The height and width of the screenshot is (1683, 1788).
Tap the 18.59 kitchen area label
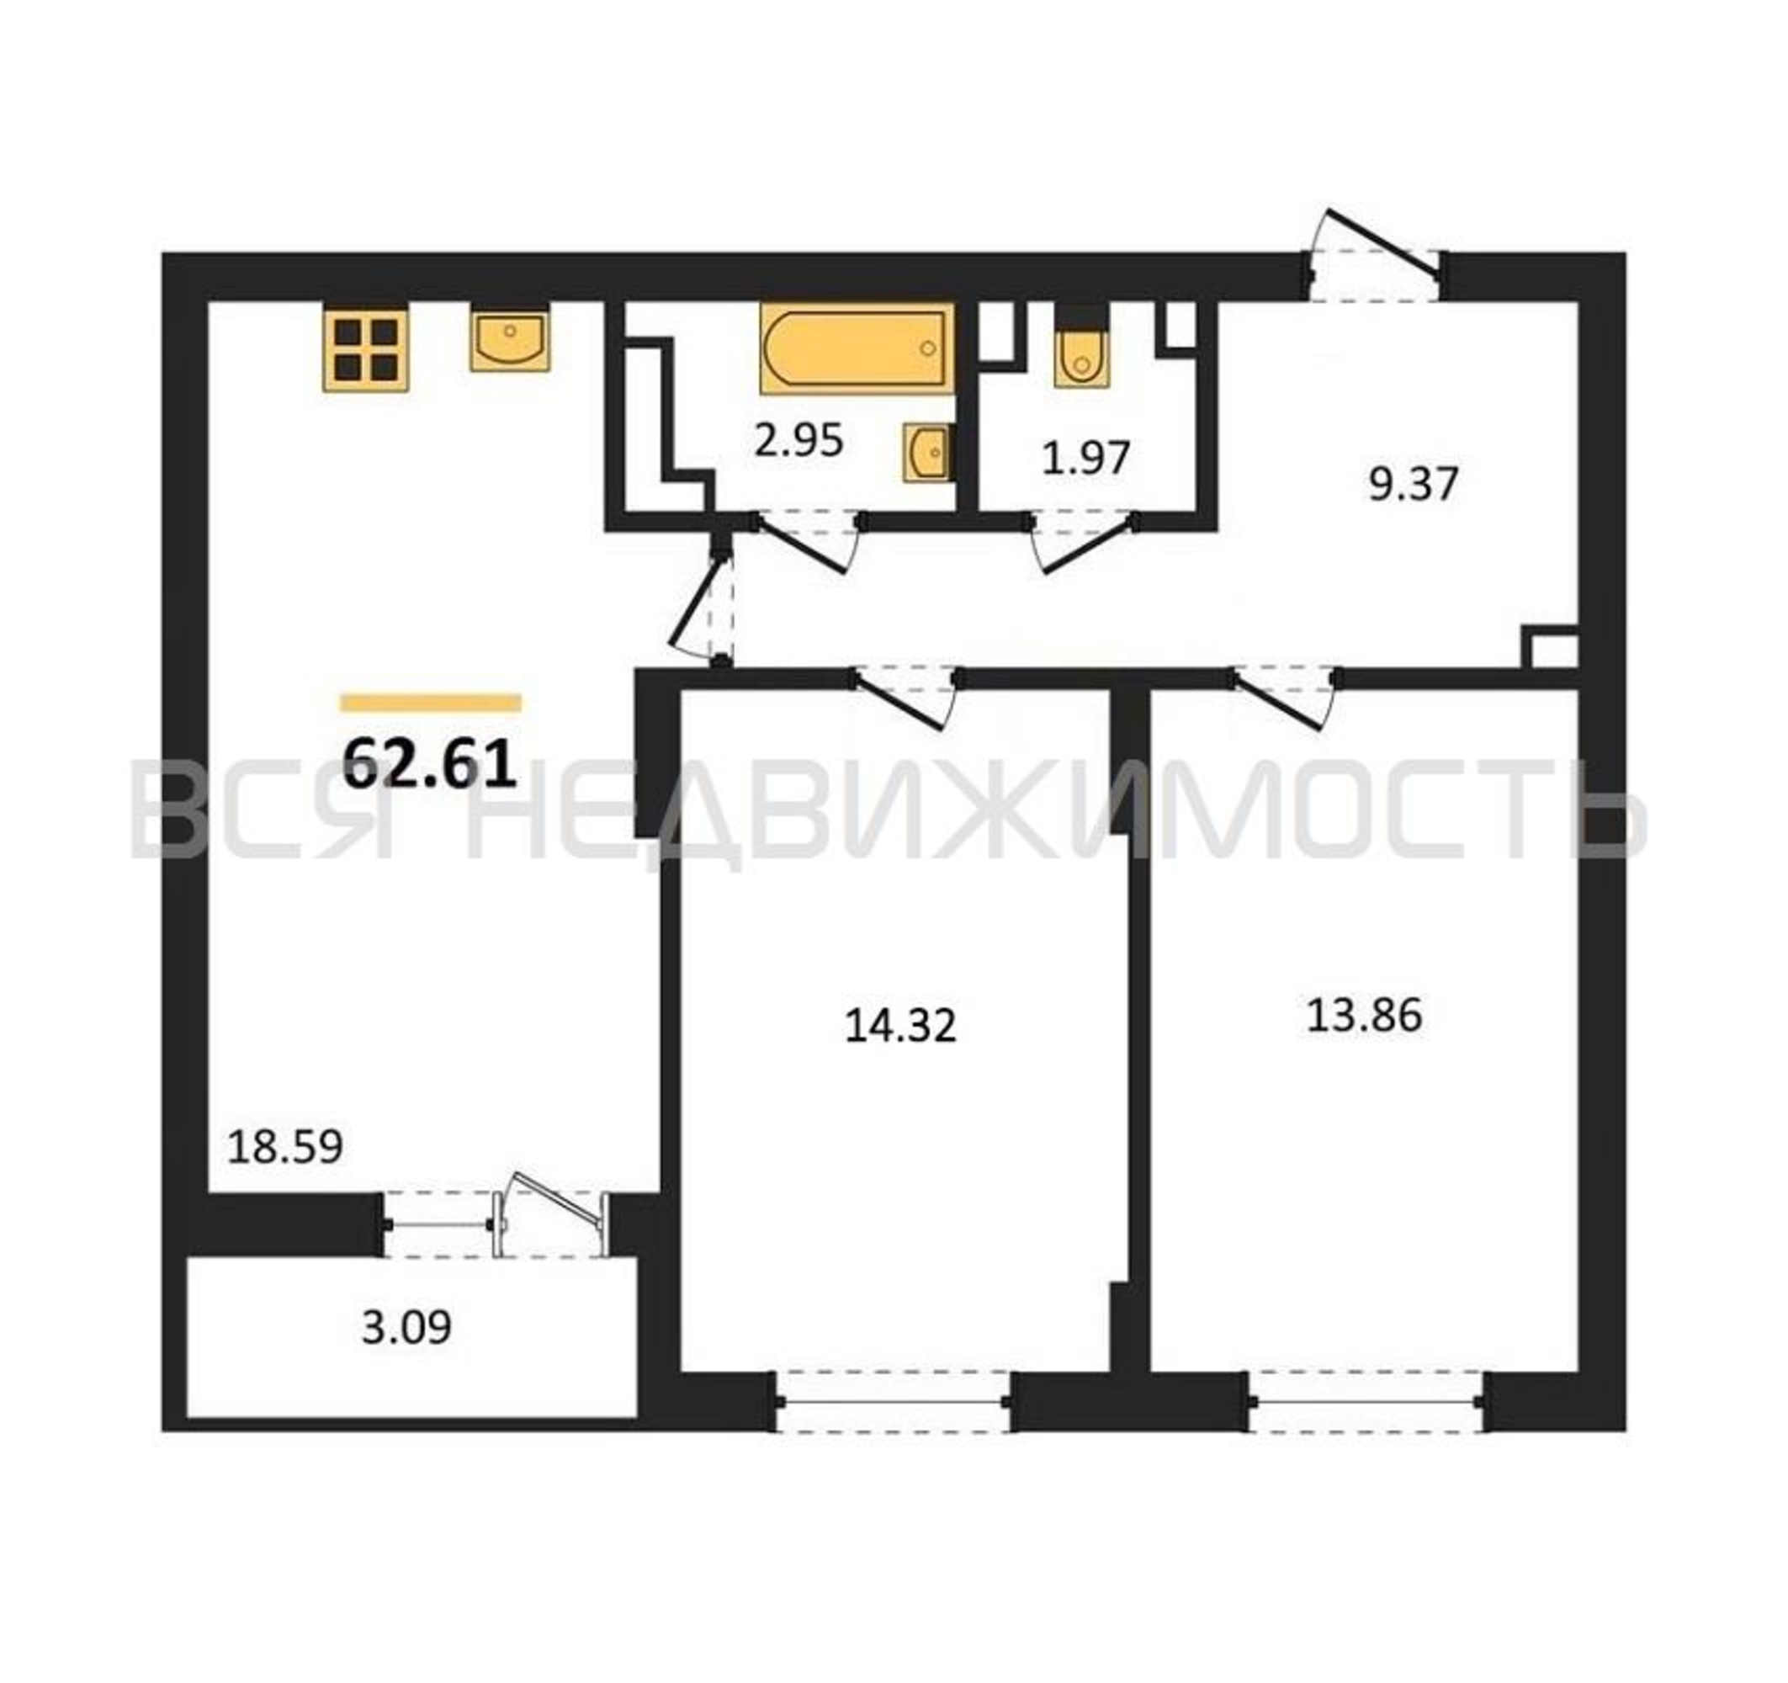tap(285, 1147)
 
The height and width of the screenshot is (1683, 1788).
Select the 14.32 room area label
tap(900, 1026)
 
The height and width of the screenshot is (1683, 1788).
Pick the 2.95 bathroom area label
tap(798, 441)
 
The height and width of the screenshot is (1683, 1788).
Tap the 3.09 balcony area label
tap(406, 1327)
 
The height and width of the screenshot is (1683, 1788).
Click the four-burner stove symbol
tap(366, 348)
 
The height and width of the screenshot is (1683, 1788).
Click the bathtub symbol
tap(857, 349)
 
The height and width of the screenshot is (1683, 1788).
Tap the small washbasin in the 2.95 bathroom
tap(926, 449)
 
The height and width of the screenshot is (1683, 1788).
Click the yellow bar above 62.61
tap(431, 703)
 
